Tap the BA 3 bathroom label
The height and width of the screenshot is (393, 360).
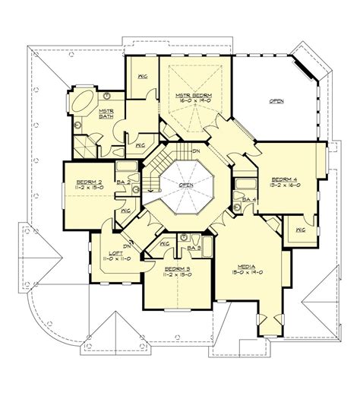pyautogui.click(x=194, y=247)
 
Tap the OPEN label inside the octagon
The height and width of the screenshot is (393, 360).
pyautogui.click(x=185, y=184)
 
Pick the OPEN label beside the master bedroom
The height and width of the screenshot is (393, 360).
pyautogui.click(x=276, y=100)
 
